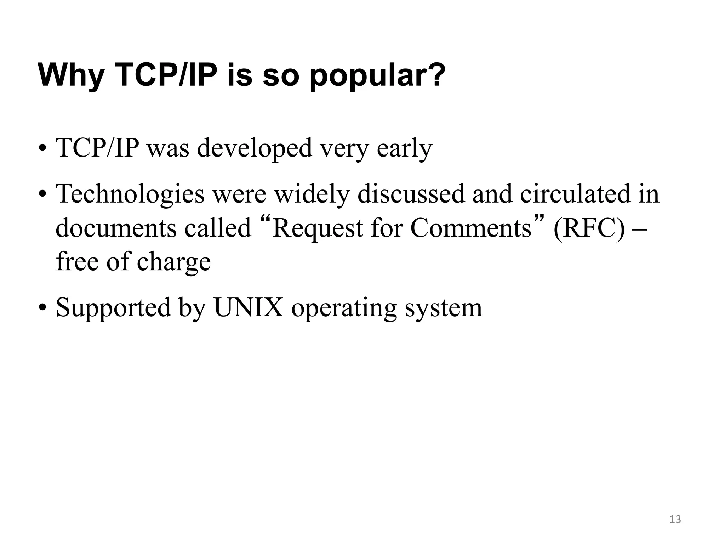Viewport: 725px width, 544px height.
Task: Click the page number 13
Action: point(675,519)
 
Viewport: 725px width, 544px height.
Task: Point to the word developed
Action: point(255,148)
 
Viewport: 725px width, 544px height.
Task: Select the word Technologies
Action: point(130,194)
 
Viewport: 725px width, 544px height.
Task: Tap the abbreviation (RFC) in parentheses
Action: point(589,228)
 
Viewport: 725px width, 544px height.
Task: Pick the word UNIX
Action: point(249,307)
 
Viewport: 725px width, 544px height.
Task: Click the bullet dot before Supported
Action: point(42,307)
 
